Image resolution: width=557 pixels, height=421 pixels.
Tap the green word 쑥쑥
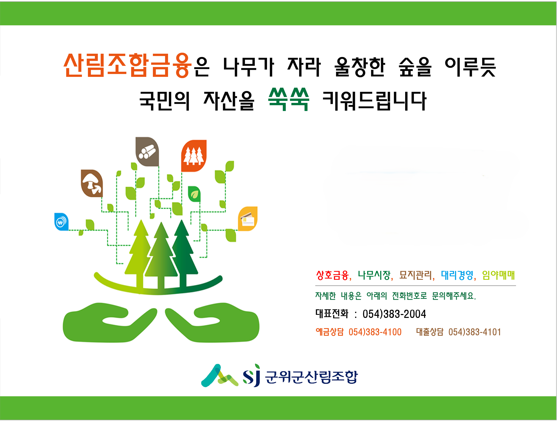click(289, 99)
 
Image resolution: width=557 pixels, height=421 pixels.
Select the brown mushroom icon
click(92, 183)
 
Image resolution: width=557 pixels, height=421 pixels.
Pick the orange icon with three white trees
click(194, 156)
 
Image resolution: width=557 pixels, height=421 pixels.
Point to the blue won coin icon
click(61, 222)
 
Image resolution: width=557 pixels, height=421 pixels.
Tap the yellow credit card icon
click(248, 219)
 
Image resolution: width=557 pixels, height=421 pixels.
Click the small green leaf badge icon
click(194, 194)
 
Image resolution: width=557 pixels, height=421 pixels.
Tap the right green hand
click(212, 322)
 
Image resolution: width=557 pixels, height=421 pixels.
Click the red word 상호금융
click(332, 275)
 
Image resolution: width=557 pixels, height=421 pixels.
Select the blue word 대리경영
click(457, 275)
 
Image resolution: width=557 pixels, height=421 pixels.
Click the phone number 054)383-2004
click(394, 314)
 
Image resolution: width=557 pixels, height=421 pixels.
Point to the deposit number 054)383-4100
click(375, 332)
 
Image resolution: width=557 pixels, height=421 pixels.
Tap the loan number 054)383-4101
click(475, 332)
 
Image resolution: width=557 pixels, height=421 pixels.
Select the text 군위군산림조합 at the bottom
click(311, 377)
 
